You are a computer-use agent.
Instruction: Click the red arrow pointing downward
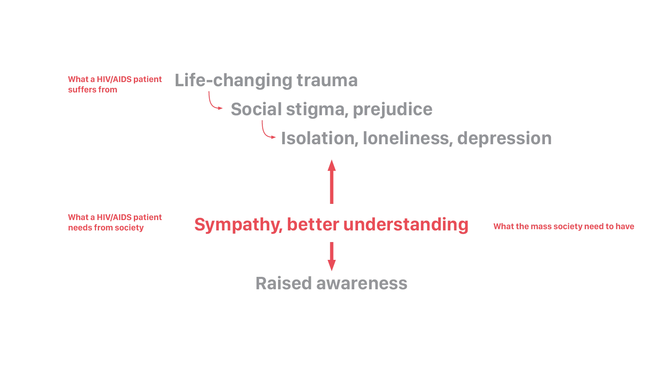331,256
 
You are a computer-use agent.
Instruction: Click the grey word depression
505,138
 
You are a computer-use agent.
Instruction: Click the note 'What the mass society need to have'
564,227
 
